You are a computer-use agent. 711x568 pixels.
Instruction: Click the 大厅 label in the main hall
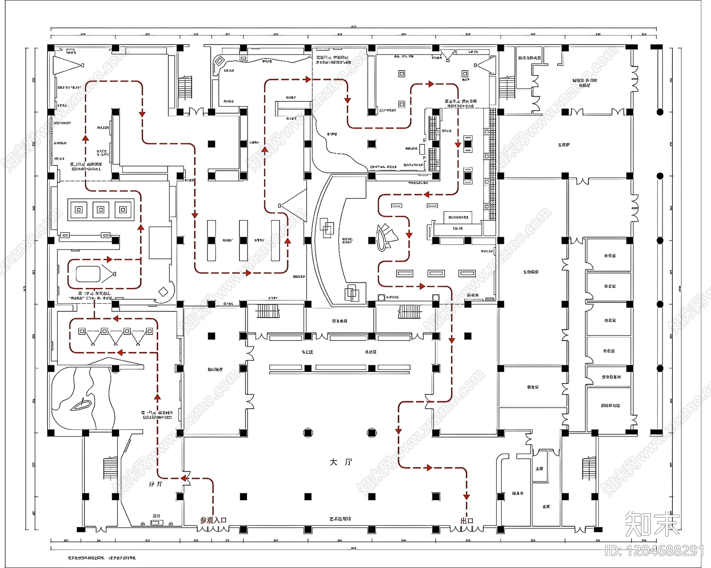[x=341, y=462]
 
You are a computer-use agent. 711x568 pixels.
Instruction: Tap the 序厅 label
[x=156, y=484]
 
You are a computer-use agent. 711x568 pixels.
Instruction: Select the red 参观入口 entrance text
[x=213, y=520]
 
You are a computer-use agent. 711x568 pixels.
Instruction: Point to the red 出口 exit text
[x=467, y=520]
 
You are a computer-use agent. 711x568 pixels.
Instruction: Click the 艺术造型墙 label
[x=340, y=519]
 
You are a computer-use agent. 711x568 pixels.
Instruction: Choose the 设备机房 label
[x=340, y=321]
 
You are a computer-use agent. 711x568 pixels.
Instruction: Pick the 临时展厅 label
[x=215, y=369]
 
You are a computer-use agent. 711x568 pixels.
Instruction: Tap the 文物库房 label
[x=531, y=272]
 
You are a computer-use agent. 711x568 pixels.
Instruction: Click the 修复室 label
[x=533, y=387]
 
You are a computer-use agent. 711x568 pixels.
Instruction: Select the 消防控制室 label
[x=611, y=405]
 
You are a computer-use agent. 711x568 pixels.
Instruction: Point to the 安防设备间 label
[x=611, y=377]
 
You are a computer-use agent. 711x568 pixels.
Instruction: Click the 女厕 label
[x=539, y=469]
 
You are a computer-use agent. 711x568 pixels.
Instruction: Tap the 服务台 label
[x=518, y=493]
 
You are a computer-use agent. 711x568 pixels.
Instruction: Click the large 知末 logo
[x=652, y=524]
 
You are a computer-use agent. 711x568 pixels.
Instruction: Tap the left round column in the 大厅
[x=308, y=433]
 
